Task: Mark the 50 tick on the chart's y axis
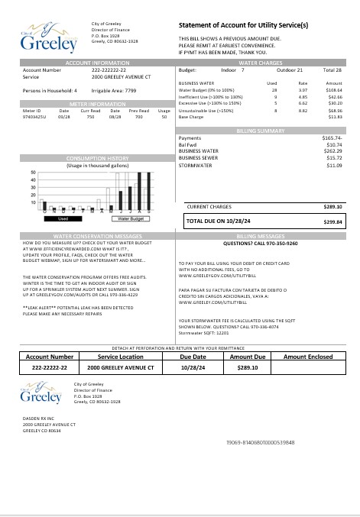click(34, 173)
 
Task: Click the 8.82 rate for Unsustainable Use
click(303, 111)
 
